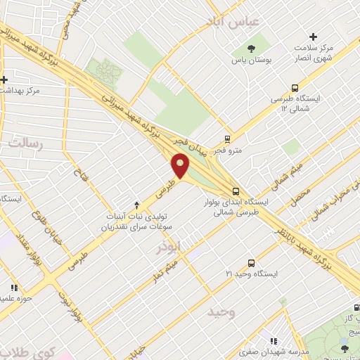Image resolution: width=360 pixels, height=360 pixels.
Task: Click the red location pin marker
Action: point(181,167)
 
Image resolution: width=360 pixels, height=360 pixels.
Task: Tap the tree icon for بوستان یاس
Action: point(251,48)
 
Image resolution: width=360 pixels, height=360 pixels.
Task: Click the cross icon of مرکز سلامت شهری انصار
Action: point(313,37)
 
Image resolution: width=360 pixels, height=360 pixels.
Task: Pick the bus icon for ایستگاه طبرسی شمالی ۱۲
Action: point(294,89)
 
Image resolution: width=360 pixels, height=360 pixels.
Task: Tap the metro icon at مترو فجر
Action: point(226,139)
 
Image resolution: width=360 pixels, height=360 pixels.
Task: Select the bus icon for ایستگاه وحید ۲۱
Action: point(251,262)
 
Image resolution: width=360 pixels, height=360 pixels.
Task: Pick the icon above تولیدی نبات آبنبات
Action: point(136,202)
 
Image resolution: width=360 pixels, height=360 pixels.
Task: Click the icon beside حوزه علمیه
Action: point(13,288)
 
